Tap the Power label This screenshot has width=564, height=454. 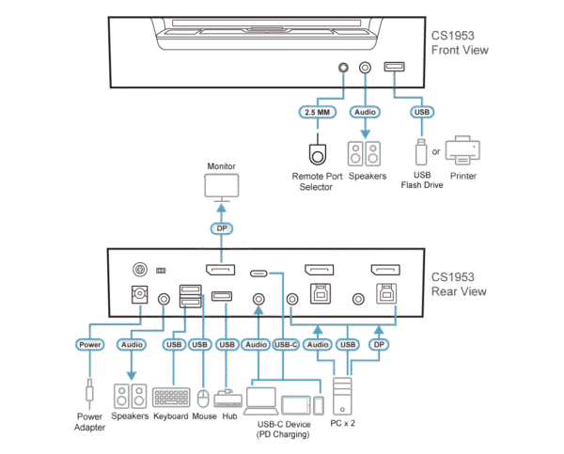click(x=90, y=345)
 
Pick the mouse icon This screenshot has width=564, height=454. click(x=202, y=397)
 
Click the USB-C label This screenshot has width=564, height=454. click(x=286, y=345)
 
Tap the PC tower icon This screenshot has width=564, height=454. click(x=344, y=395)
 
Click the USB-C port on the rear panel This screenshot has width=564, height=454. click(x=258, y=273)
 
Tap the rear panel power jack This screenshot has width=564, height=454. click(x=141, y=298)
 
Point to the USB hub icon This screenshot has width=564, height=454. click(x=227, y=398)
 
